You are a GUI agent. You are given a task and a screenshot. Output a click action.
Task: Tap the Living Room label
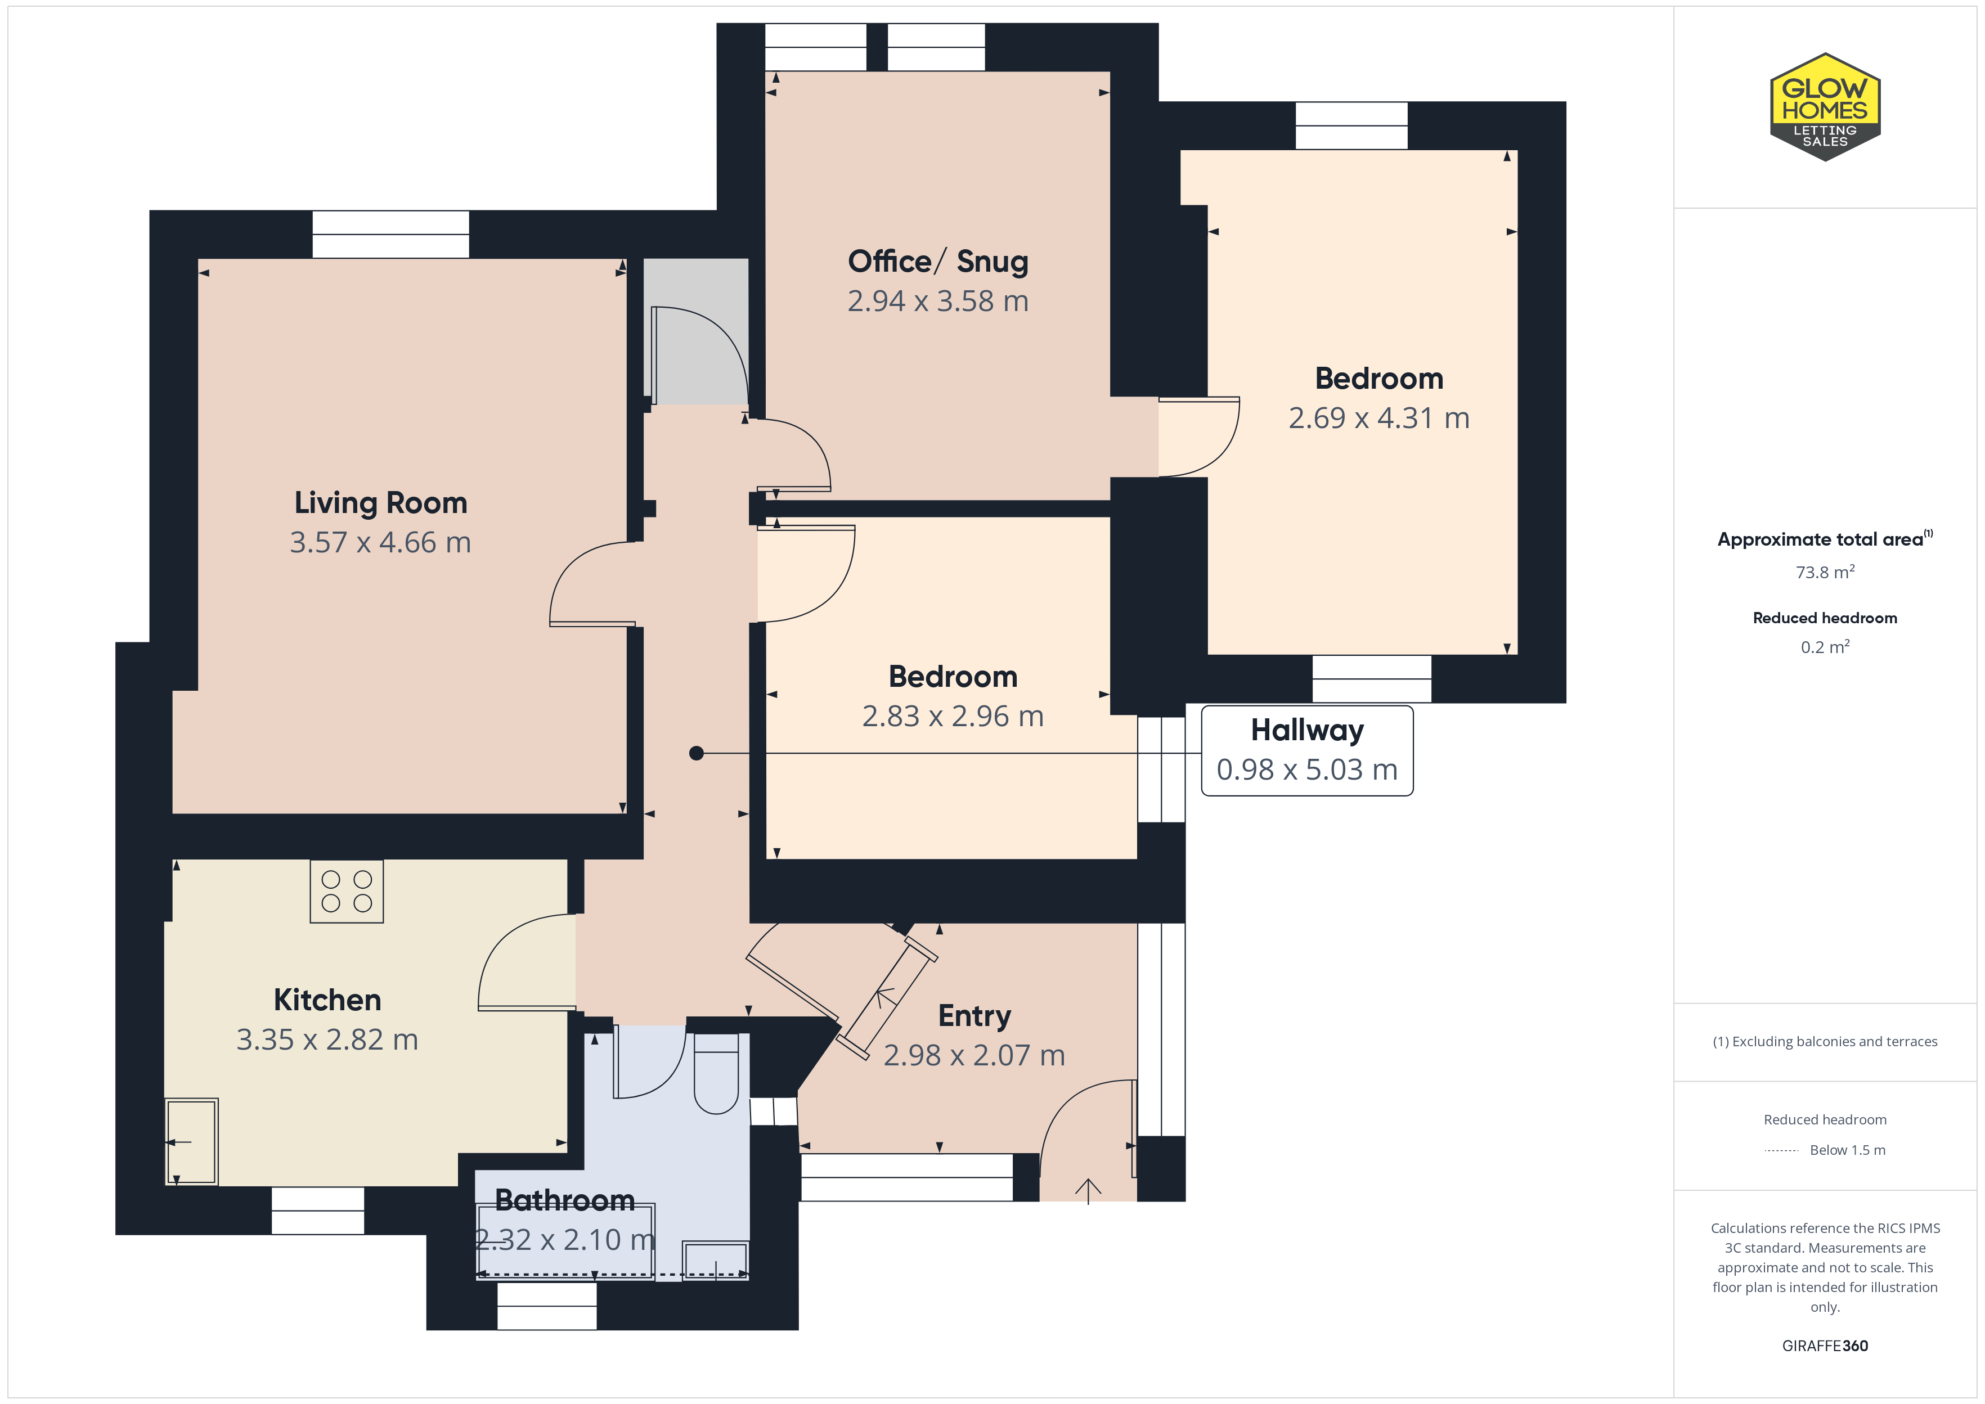pos(380,502)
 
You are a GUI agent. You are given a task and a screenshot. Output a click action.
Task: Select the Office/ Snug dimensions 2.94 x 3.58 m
pos(938,301)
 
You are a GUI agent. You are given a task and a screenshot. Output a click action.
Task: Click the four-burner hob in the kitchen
pos(347,892)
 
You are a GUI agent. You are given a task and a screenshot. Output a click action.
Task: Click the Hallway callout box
pos(1307,750)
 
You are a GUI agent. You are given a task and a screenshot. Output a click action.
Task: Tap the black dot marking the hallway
pos(696,753)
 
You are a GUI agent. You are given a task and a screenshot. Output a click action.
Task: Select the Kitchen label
pos(327,1000)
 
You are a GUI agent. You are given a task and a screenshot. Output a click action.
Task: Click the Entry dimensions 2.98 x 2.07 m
pos(974,1055)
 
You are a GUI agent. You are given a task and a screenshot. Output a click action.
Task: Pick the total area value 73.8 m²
pos(1825,572)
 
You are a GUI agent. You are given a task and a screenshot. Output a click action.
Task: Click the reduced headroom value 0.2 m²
pos(1825,647)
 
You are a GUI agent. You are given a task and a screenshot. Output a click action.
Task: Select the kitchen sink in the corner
pos(192,1141)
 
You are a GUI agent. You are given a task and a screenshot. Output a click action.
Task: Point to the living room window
pos(391,235)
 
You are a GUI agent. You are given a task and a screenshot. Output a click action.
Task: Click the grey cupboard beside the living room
pos(696,331)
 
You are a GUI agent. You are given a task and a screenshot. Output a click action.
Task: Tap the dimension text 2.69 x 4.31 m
pos(1379,417)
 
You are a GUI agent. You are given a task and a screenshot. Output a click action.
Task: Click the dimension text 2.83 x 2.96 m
pos(953,716)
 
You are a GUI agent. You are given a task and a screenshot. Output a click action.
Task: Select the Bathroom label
pos(564,1200)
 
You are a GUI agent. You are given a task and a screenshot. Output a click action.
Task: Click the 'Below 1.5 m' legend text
pos(1848,1150)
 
